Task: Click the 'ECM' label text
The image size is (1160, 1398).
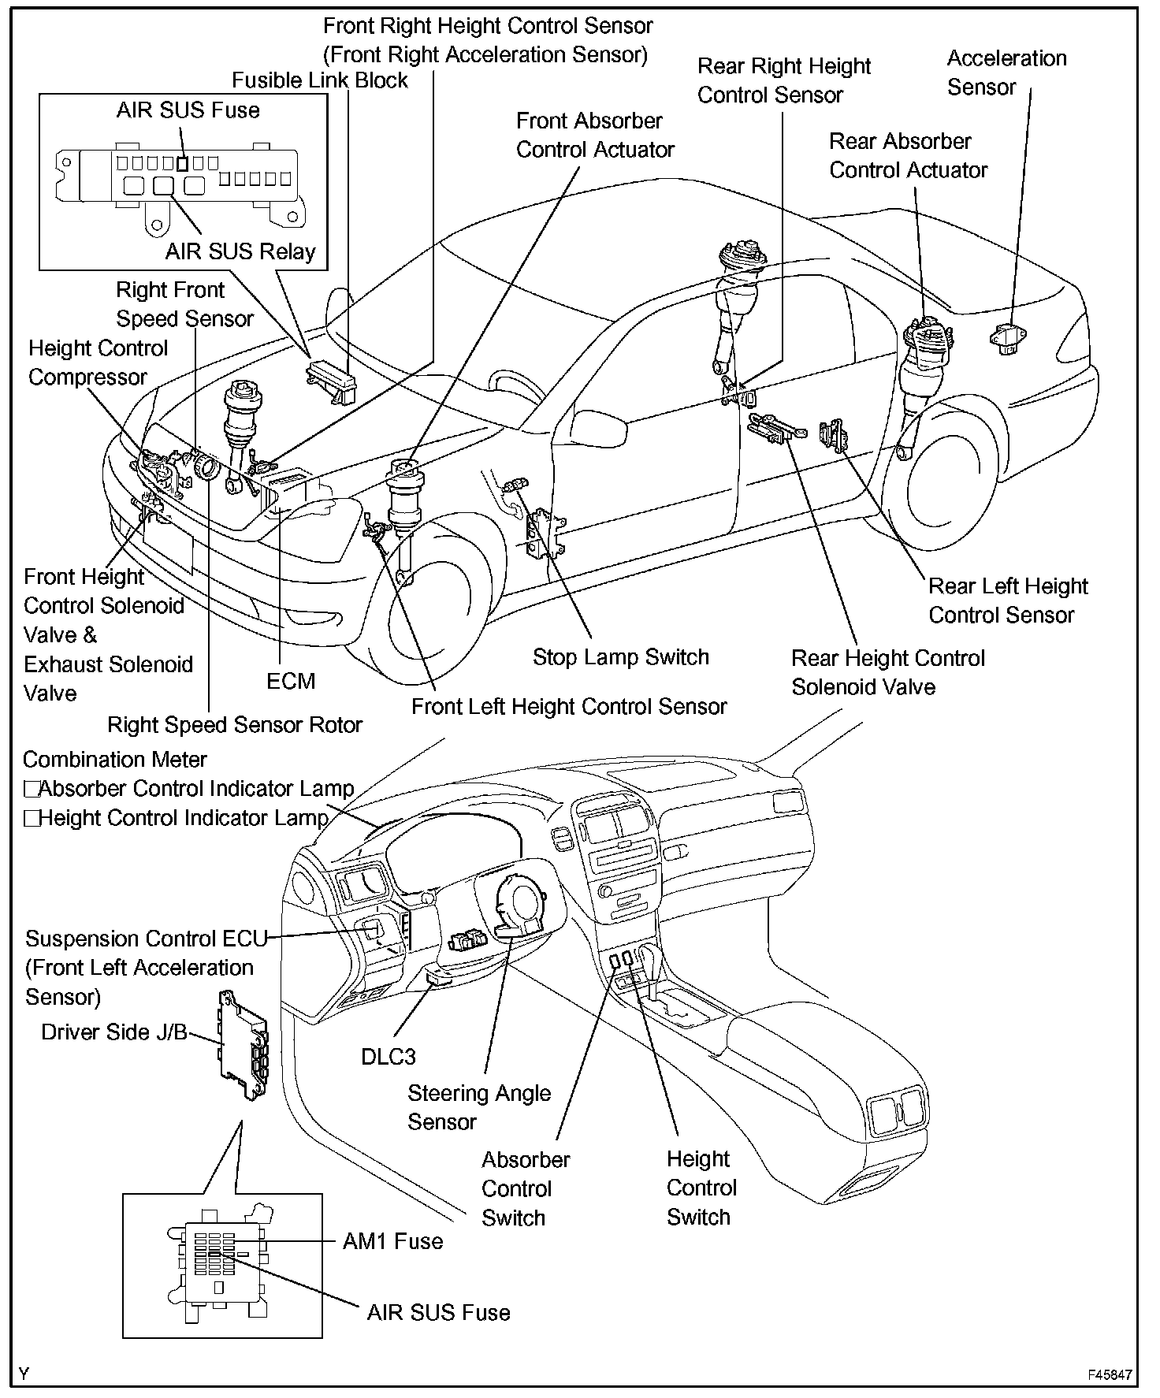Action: pos(291,681)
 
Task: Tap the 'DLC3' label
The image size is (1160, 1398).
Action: pos(388,1057)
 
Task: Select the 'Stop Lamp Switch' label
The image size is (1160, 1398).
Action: pos(621,657)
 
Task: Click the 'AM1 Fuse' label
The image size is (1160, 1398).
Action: pos(392,1242)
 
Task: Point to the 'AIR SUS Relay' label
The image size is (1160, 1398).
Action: pos(240,251)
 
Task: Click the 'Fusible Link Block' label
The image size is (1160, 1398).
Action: pos(320,80)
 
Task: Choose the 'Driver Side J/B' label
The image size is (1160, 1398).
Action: pos(114,1032)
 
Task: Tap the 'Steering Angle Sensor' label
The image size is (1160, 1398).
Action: pos(479,1107)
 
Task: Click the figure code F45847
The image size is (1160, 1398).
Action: pos(1110,1374)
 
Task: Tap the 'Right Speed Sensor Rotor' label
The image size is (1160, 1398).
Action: pos(235,725)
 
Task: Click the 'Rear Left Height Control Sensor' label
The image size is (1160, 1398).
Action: pos(1008,600)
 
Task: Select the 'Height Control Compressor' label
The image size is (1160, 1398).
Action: pos(99,363)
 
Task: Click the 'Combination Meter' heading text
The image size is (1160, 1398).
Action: pos(115,760)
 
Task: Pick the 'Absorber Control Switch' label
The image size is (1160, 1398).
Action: pos(526,1188)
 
